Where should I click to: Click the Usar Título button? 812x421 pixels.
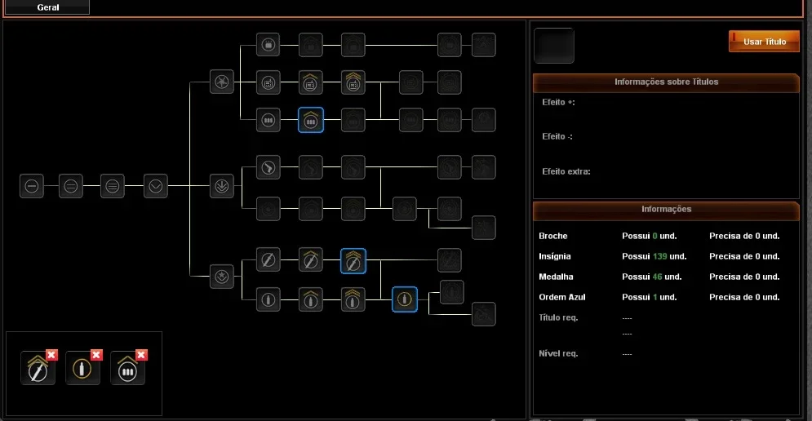pos(764,42)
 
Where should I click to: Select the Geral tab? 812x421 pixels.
pos(47,7)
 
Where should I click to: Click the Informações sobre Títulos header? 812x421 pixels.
pos(666,82)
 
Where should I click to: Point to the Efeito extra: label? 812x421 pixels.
pos(566,171)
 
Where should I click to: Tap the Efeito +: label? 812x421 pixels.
pos(558,102)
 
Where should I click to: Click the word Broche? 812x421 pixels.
pos(553,236)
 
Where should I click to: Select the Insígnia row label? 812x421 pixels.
pos(555,256)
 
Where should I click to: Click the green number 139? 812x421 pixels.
pos(659,256)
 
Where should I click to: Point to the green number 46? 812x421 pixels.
pos(657,277)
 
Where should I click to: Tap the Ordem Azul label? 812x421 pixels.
pos(562,297)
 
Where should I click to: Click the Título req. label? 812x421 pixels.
pos(558,317)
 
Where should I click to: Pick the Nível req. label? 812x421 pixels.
pos(558,353)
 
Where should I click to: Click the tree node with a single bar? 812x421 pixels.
pos(32,186)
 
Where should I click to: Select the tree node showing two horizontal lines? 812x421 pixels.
pos(71,186)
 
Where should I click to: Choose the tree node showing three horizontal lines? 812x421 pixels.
pos(113,186)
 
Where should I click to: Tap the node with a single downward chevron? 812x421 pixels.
pos(155,186)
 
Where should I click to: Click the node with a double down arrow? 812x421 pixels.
pos(222,186)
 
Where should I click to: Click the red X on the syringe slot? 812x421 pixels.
pos(51,355)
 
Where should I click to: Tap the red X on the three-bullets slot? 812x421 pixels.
pos(141,355)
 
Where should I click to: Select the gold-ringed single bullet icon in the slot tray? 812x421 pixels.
pos(82,369)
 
